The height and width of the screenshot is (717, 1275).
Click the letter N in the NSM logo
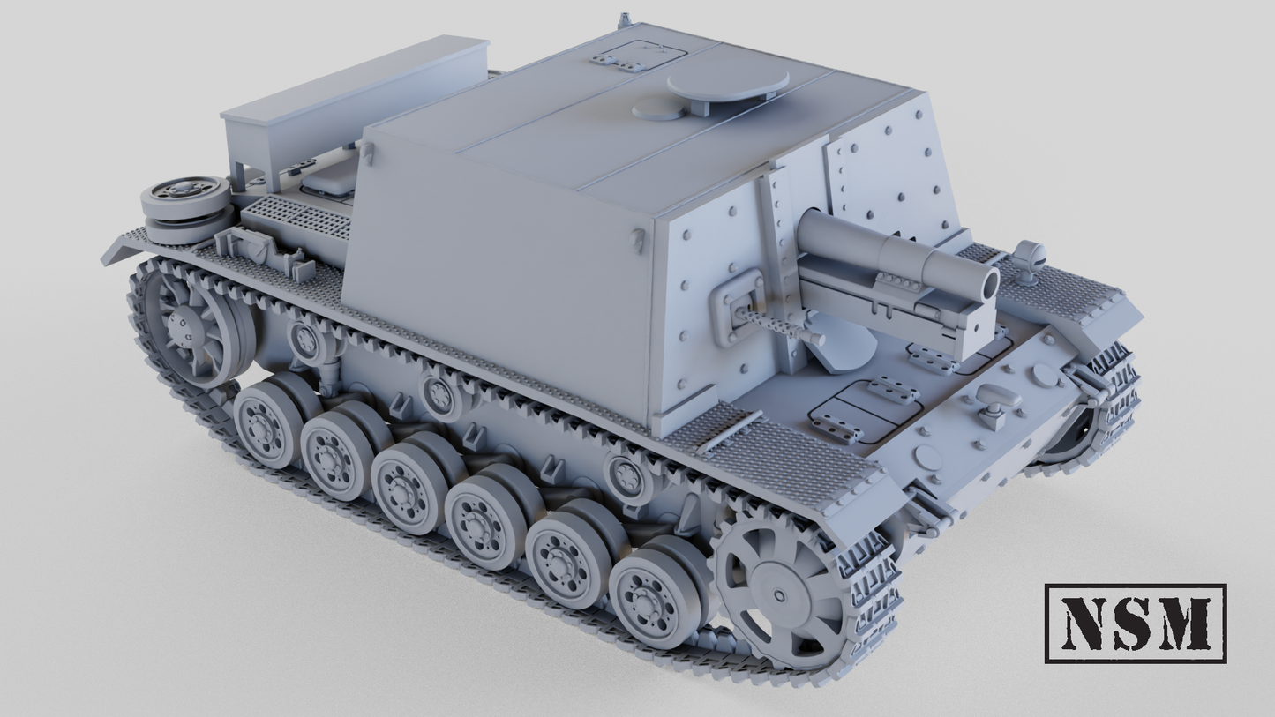click(1085, 623)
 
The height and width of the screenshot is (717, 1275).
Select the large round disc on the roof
click(727, 84)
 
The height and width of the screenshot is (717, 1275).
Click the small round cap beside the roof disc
click(657, 109)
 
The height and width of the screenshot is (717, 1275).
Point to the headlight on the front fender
click(1028, 257)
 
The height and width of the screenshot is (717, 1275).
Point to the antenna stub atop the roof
click(625, 19)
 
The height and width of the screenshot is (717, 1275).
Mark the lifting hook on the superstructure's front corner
click(637, 240)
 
